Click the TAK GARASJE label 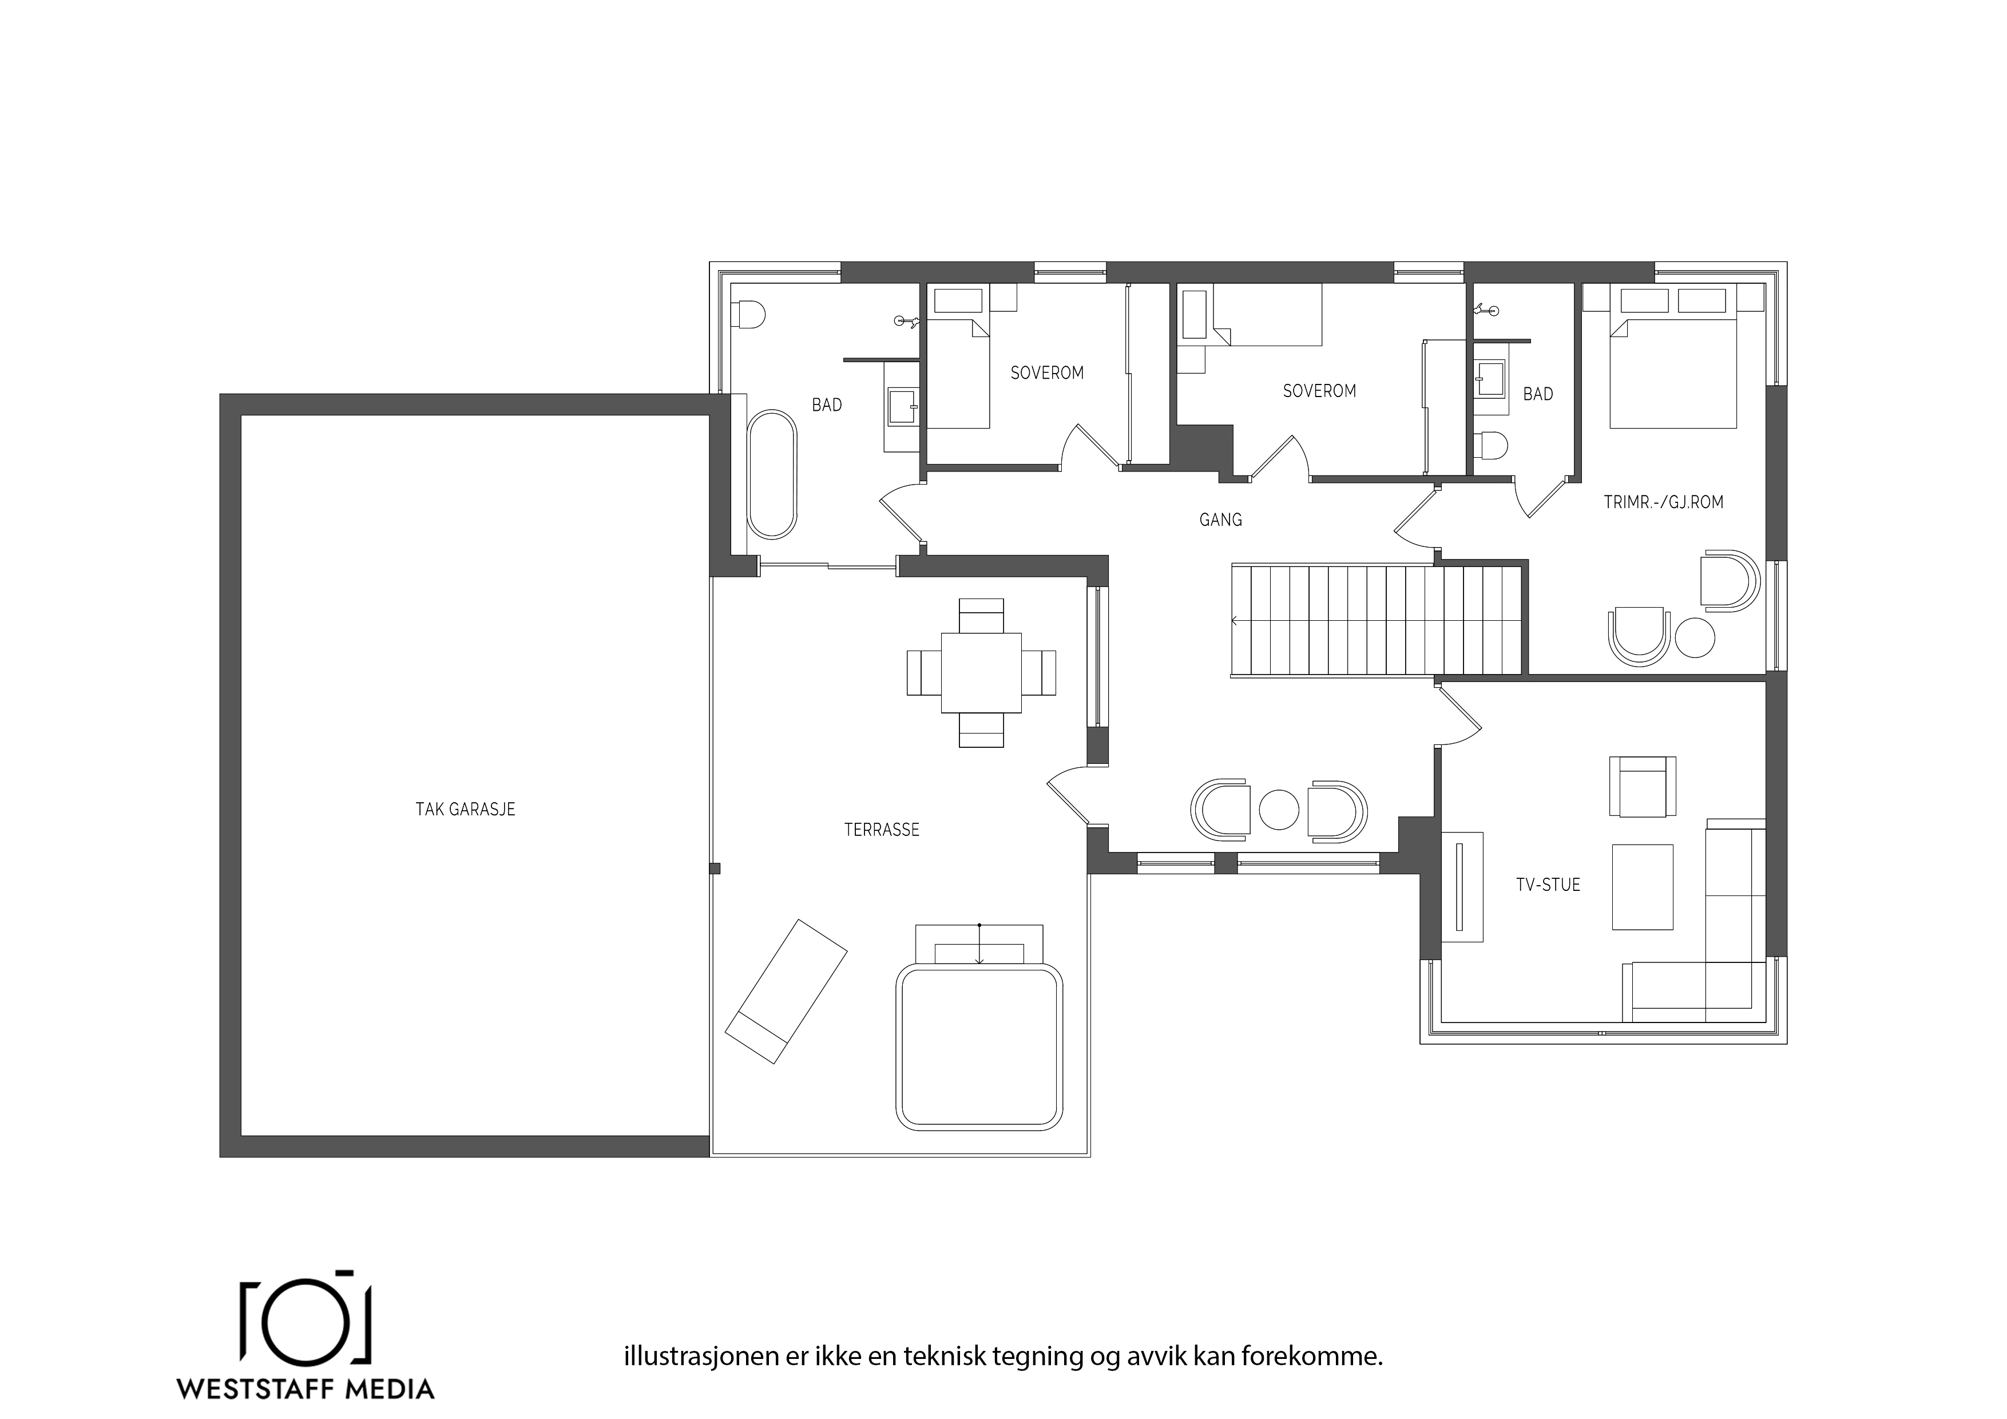[x=465, y=810]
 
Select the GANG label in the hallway [x=1220, y=520]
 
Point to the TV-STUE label [x=1548, y=885]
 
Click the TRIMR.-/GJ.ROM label [x=1664, y=502]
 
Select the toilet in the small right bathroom [x=1490, y=447]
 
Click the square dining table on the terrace [x=981, y=672]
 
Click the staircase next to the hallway [x=1378, y=620]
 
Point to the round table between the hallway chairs [x=1279, y=810]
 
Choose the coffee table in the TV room [x=1643, y=886]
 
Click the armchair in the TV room [x=1643, y=787]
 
